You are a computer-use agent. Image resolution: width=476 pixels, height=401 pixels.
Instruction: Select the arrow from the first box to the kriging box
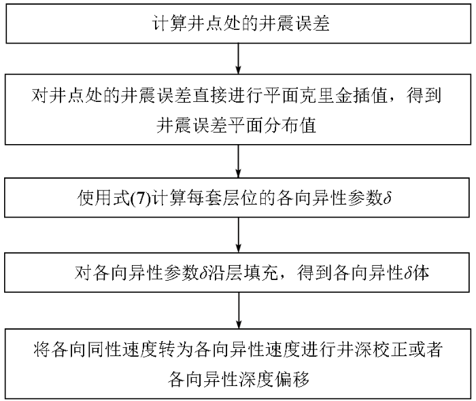(x=238, y=57)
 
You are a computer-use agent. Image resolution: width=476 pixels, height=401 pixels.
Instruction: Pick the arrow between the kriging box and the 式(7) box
(x=238, y=163)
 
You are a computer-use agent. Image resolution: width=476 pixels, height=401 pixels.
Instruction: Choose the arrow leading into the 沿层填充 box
(x=238, y=236)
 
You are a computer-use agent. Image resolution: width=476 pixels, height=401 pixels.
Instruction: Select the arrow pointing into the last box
(x=238, y=309)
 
